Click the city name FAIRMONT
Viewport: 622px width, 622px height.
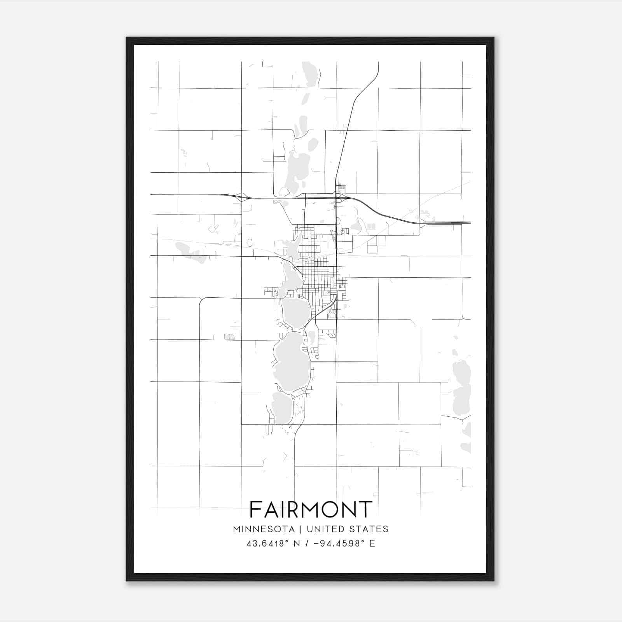(x=311, y=509)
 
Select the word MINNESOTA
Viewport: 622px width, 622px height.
(x=264, y=529)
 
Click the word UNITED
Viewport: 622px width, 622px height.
(x=325, y=529)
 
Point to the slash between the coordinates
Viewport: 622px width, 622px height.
(x=307, y=543)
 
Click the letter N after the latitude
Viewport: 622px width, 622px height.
(x=296, y=543)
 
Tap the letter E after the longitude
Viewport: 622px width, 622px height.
(x=372, y=543)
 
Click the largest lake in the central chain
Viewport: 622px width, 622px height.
(x=292, y=362)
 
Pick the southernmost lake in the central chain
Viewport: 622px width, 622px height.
(x=282, y=408)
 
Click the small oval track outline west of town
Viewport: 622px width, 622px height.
(x=250, y=243)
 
